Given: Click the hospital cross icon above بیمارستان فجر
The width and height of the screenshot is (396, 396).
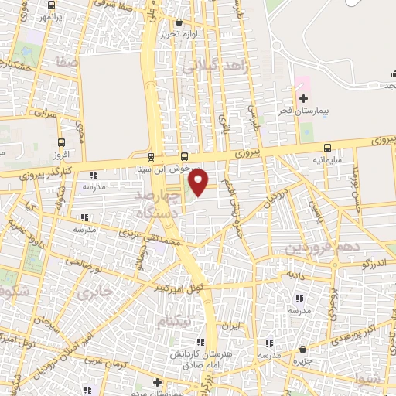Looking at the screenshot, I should pyautogui.click(x=303, y=98).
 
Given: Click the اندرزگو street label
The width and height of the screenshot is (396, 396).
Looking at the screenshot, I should pyautogui.click(x=376, y=264).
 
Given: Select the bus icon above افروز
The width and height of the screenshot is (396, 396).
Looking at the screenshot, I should pyautogui.click(x=62, y=142).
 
